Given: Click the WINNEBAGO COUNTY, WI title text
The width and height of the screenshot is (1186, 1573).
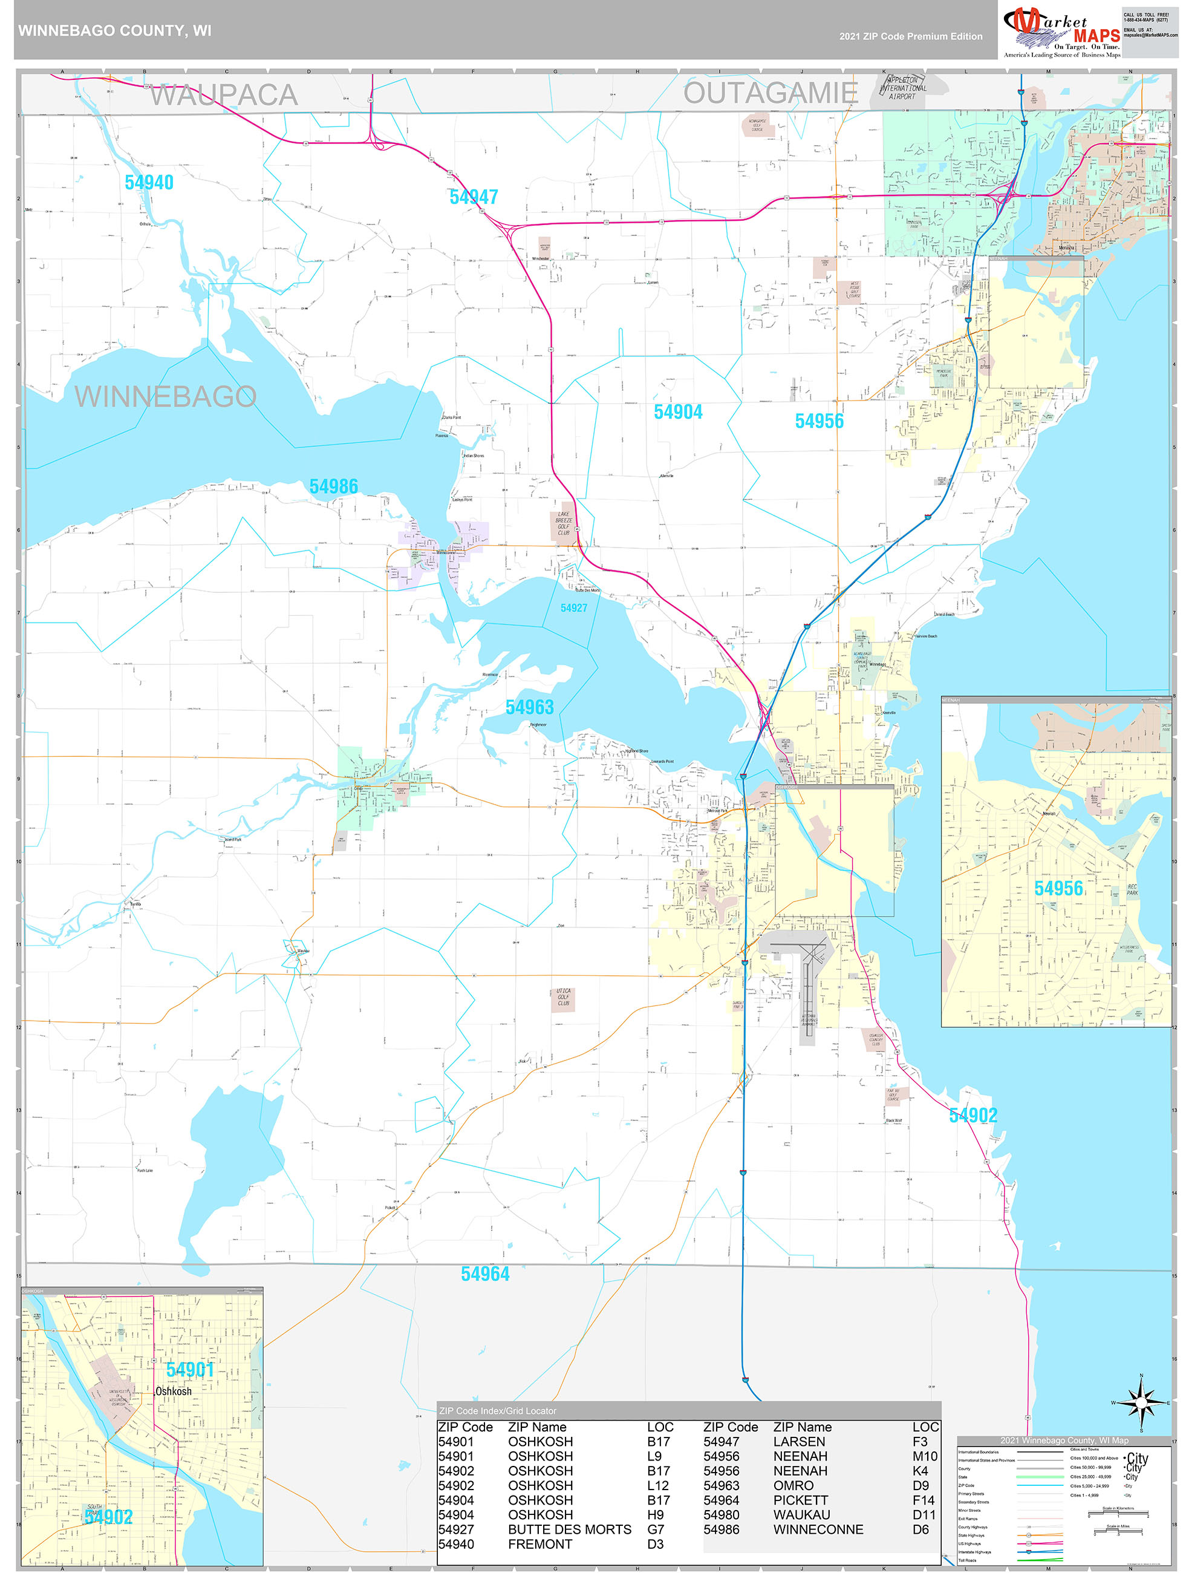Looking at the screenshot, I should tap(114, 31).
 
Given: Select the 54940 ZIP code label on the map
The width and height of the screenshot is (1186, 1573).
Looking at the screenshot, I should tap(149, 183).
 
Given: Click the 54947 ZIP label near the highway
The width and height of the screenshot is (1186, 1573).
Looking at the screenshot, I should tap(473, 197).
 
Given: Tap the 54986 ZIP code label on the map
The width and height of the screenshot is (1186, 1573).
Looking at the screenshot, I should tap(333, 486).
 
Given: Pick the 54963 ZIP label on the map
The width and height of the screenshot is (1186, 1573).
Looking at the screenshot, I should tap(529, 707).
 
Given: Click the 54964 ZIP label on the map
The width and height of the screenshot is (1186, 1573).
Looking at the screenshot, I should tap(485, 1274).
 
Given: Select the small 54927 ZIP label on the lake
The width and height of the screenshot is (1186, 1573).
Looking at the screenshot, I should tap(573, 608).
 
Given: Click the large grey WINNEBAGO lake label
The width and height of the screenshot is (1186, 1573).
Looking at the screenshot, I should tap(165, 396).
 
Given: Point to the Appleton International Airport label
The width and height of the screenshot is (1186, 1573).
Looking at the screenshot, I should tap(902, 88).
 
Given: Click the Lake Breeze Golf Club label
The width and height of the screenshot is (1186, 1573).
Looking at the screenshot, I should tap(563, 523).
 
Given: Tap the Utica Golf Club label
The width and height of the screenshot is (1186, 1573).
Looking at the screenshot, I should tap(563, 996).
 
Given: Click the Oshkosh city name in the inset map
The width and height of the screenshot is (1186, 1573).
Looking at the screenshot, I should tap(174, 1391).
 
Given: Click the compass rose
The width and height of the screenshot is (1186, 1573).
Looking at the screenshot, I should tap(1141, 1402).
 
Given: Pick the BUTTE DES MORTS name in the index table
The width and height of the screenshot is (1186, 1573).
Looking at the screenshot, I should tap(569, 1529).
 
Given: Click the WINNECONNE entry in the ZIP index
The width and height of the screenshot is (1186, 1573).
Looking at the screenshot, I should tap(818, 1529).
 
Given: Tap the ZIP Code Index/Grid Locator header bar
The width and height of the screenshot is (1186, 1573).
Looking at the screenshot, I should tap(688, 1411).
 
